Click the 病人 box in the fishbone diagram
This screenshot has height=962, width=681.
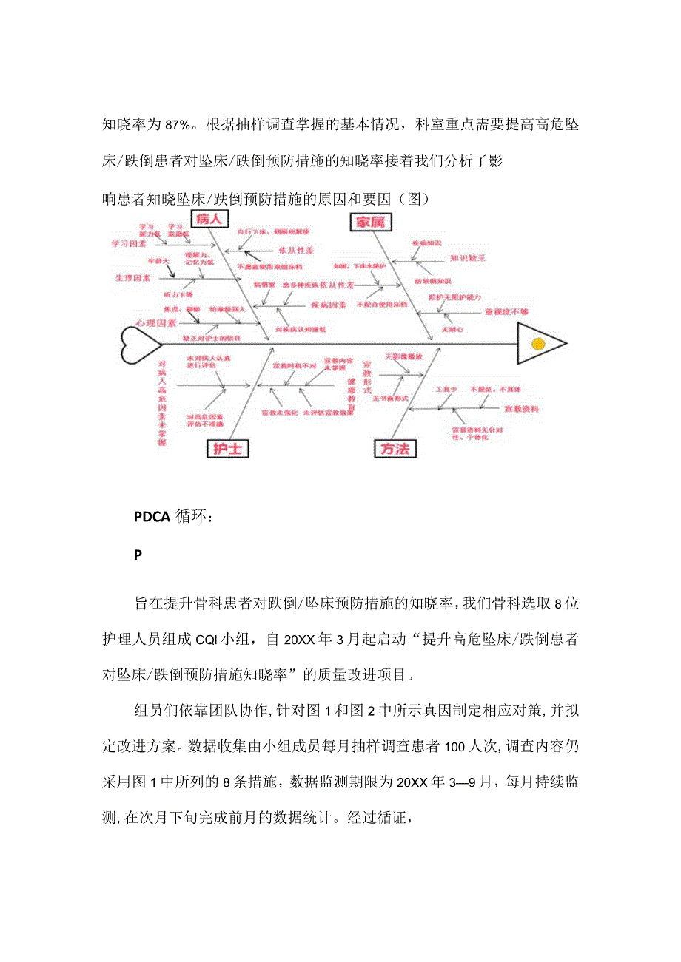(209, 219)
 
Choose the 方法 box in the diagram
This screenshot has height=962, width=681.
(395, 448)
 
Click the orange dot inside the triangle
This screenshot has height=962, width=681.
(538, 343)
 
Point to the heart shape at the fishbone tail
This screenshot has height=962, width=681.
(140, 344)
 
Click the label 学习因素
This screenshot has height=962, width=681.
(129, 243)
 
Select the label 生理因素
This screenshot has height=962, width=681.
(132, 278)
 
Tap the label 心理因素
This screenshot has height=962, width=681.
(155, 324)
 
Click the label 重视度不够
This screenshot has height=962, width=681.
(506, 312)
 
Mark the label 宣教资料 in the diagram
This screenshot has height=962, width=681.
(521, 408)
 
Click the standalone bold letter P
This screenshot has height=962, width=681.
(138, 555)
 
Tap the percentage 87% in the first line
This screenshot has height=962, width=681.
(178, 123)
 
